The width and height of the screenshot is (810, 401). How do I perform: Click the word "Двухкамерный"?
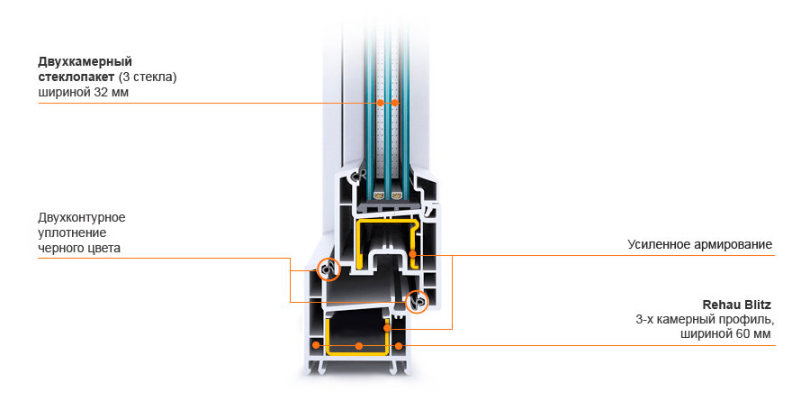85,62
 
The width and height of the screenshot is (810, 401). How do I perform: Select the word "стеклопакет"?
76,77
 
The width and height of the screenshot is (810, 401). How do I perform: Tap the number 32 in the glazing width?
100,93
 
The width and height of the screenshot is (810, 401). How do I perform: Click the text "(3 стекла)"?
148,77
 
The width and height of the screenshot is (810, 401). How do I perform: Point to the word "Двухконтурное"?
82,217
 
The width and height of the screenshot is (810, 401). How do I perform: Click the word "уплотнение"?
72,232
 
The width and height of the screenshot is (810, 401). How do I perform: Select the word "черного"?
60,249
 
